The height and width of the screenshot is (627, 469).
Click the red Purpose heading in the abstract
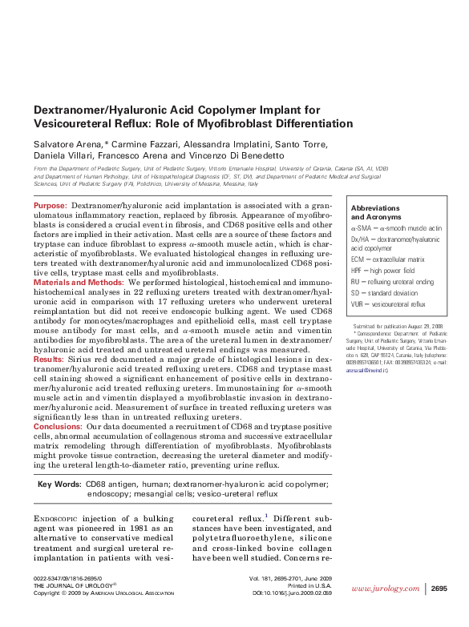(x=50, y=207)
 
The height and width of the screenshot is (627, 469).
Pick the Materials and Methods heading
(x=79, y=283)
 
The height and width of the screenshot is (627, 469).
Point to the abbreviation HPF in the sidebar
(x=358, y=271)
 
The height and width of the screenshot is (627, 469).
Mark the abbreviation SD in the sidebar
(x=356, y=293)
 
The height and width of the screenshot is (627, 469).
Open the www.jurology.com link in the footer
(x=387, y=589)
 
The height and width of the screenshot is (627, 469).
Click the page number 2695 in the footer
(x=439, y=589)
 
